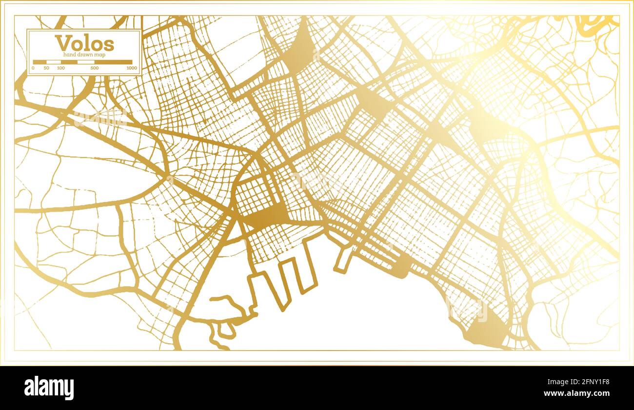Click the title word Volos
coord(84,43)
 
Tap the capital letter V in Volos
coord(62,43)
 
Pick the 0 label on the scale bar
coord(33,68)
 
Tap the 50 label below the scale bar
coord(46,68)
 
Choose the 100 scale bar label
coord(60,68)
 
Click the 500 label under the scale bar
coord(94,68)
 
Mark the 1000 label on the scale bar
coord(131,68)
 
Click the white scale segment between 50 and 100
coord(54,62)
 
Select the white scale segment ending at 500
coord(86,62)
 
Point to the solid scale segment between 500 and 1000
coord(113,62)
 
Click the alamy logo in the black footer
coord(49,388)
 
